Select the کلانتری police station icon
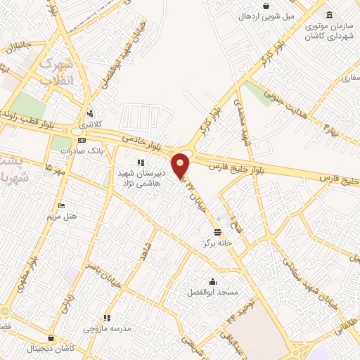pyautogui.click(x=90, y=114)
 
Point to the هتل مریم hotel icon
pyautogui.click(x=62, y=206)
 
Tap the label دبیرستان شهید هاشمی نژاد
pyautogui.click(x=160, y=176)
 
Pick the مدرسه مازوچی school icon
pyautogui.click(x=107, y=318)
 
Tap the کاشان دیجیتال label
pyautogui.click(x=50, y=349)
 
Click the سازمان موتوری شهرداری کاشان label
pyautogui.click(x=328, y=30)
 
